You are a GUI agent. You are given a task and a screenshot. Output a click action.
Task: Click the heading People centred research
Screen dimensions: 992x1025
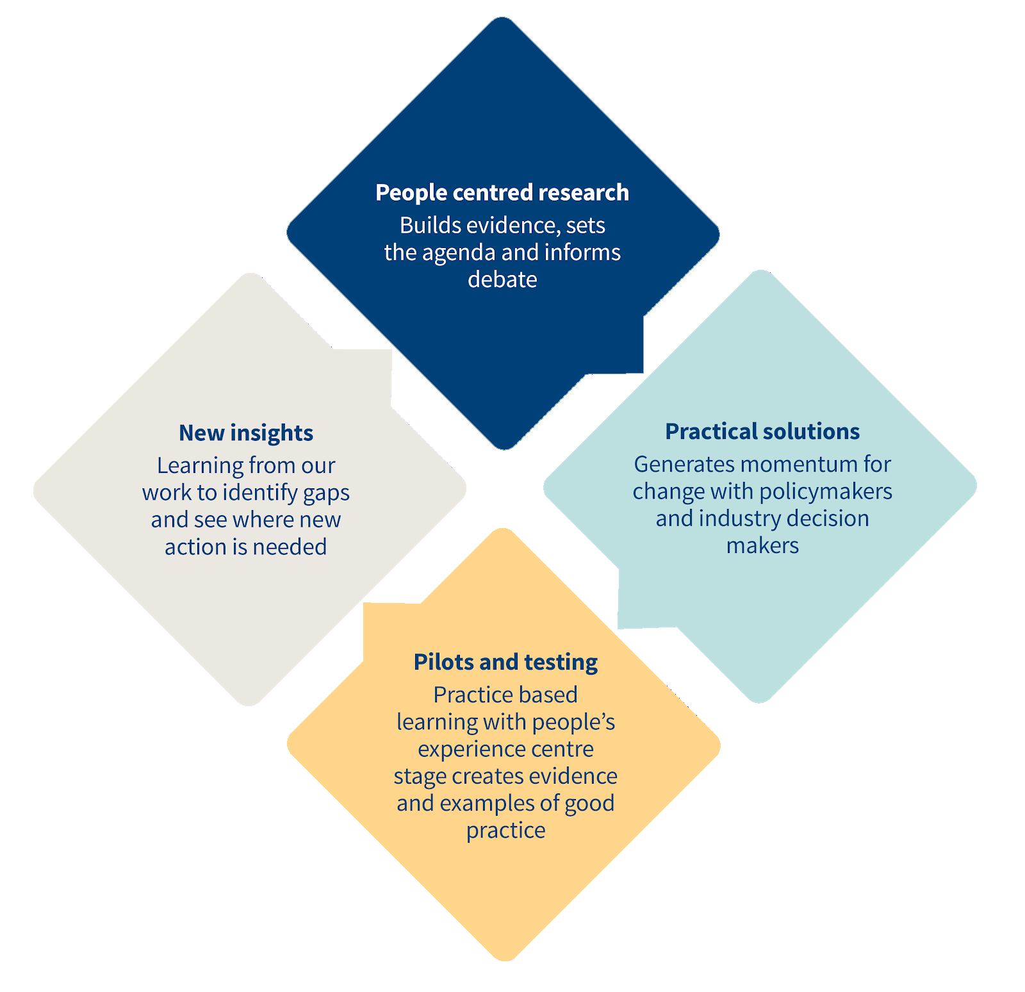point(502,192)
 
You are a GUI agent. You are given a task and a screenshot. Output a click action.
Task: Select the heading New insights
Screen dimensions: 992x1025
point(246,433)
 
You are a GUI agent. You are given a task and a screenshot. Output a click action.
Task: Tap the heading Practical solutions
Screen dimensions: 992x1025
point(762,431)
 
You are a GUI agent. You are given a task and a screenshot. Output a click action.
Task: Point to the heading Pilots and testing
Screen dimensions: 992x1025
point(505,661)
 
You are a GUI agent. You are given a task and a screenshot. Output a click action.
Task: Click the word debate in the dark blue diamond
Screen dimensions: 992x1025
point(502,279)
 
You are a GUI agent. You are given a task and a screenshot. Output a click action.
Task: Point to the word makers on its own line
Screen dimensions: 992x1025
point(762,545)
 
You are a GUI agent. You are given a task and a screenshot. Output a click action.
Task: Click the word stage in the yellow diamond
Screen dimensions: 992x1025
point(420,777)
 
